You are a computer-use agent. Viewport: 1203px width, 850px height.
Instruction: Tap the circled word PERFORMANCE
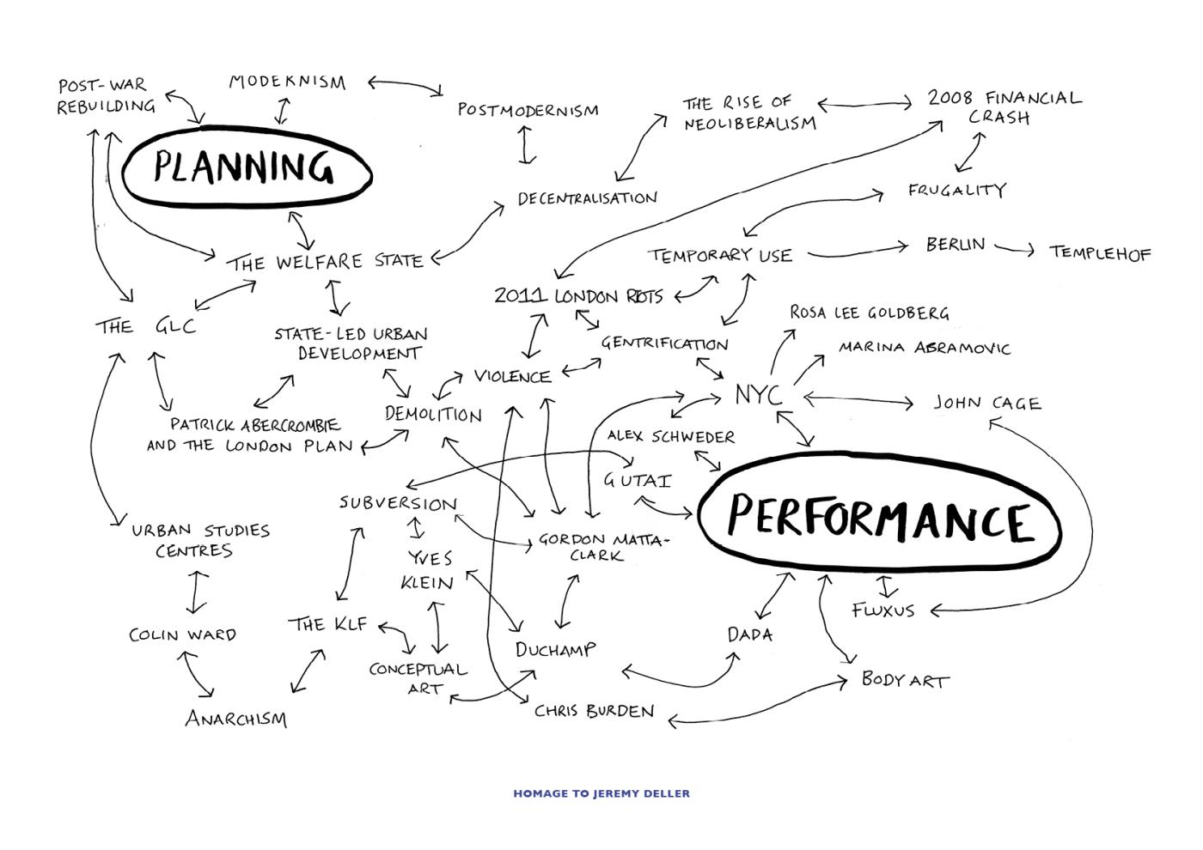click(878, 518)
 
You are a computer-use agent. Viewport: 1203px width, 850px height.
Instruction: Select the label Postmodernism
click(528, 110)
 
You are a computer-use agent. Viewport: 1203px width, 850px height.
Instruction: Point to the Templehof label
click(1099, 253)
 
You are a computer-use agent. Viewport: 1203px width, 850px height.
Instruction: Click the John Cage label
click(987, 403)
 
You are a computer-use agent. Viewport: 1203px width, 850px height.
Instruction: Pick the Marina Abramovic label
click(925, 348)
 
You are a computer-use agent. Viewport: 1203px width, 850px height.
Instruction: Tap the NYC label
click(758, 396)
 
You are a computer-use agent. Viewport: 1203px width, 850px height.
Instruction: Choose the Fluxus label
click(883, 610)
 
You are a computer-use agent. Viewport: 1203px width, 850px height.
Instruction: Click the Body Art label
click(905, 680)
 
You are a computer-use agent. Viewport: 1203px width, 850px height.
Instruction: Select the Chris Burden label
click(594, 711)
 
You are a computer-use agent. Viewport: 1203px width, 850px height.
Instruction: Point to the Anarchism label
click(236, 718)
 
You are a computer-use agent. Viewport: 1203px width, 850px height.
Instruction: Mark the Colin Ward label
click(182, 634)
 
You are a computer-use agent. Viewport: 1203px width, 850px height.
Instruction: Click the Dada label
click(750, 634)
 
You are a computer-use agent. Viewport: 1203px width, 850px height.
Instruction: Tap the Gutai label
click(637, 480)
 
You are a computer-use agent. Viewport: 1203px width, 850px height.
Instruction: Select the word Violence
click(512, 376)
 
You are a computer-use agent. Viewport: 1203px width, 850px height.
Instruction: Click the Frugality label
click(956, 190)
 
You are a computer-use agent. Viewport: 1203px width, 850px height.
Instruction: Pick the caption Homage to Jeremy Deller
click(601, 793)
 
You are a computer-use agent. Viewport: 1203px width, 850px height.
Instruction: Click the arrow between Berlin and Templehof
click(1015, 250)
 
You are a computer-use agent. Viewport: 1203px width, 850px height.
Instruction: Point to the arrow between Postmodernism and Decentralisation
click(528, 145)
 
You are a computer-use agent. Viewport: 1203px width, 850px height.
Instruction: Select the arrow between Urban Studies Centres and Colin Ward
click(197, 591)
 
